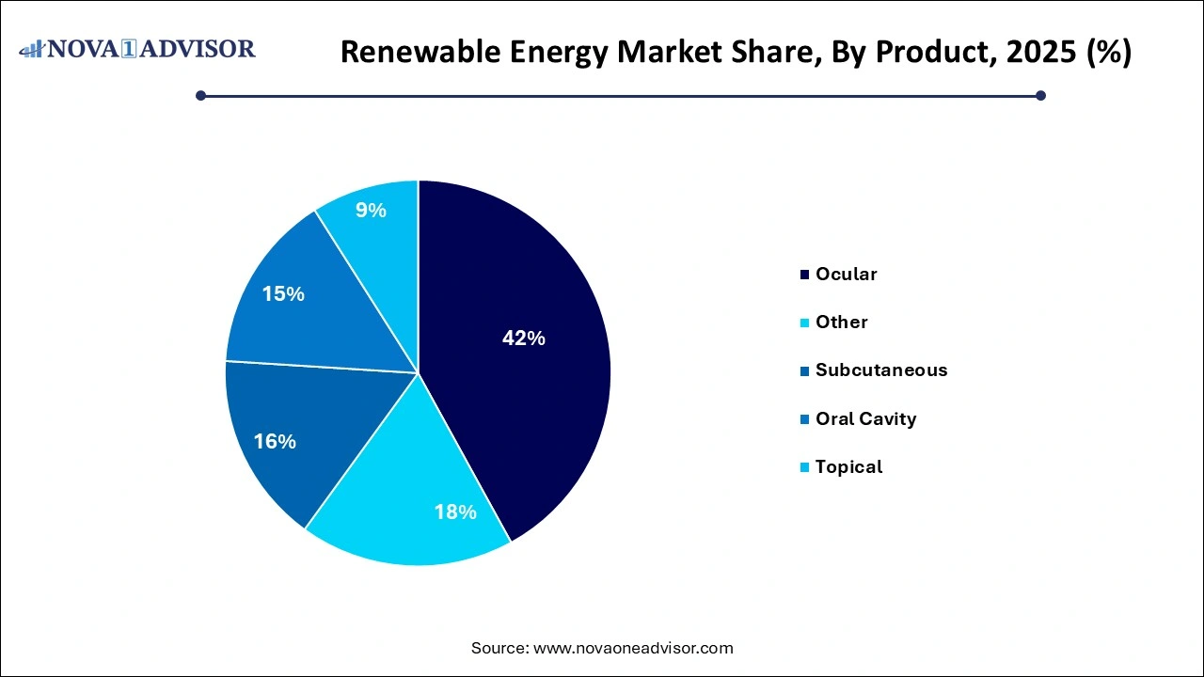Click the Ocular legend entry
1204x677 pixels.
(846, 275)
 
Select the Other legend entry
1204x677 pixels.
(841, 323)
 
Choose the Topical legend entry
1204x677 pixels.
(848, 467)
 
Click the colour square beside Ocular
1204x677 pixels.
(805, 276)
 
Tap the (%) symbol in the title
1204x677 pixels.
(1108, 53)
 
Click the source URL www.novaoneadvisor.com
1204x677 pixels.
(633, 648)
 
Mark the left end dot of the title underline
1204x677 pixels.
(200, 95)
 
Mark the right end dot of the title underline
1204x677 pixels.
(1040, 95)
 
